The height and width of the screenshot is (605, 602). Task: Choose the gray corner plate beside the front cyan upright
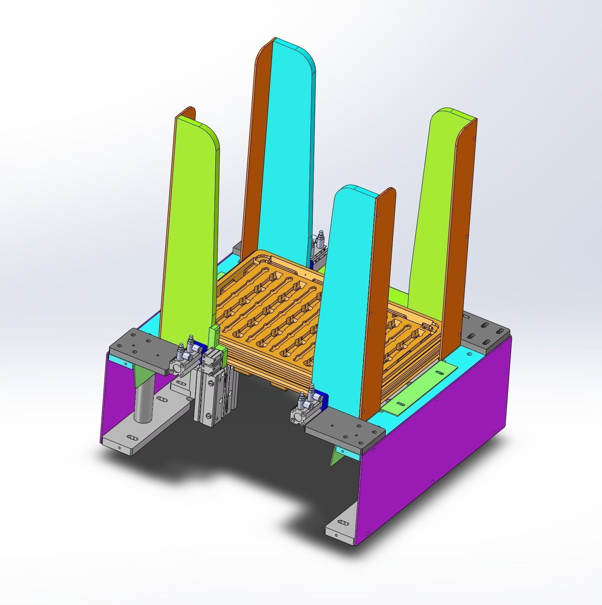[x=344, y=433]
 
